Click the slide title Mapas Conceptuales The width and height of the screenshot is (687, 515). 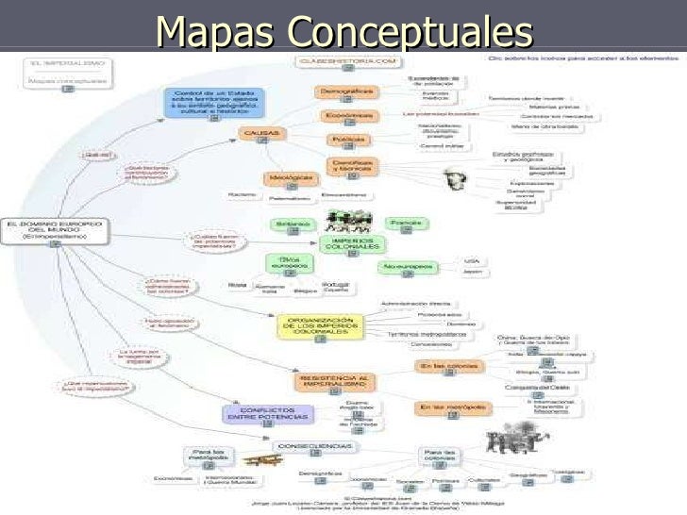click(x=343, y=31)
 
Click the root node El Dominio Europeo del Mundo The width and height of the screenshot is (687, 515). click(x=57, y=229)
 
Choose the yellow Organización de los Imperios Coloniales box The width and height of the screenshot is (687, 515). click(x=320, y=326)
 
